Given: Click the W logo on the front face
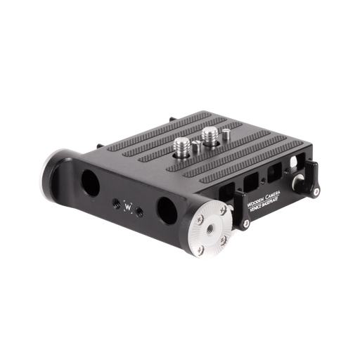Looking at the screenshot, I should (x=128, y=206).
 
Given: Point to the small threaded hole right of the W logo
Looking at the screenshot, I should (x=141, y=211).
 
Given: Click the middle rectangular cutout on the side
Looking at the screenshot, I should (x=250, y=184).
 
